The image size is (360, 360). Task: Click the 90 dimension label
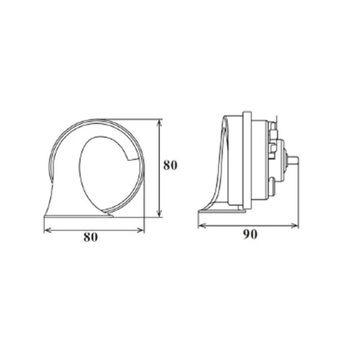250,234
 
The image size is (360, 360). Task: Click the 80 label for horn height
170,165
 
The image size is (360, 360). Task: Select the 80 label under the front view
91,237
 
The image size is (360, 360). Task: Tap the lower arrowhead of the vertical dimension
160,213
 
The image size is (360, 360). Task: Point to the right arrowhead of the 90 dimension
295,226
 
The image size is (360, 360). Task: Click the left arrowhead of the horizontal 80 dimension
47,230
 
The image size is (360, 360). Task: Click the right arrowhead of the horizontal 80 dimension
141,230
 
